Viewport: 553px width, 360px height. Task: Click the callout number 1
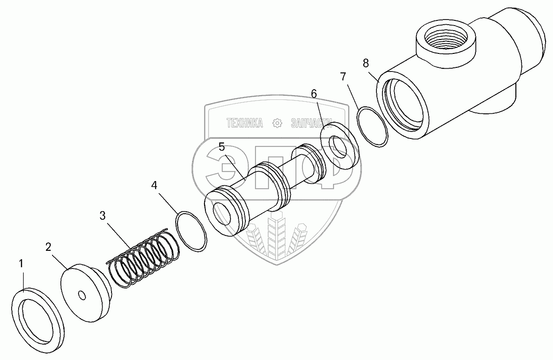pyautogui.click(x=20, y=264)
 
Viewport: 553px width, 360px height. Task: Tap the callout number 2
pyautogui.click(x=48, y=247)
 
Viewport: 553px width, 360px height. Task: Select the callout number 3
pyautogui.click(x=103, y=216)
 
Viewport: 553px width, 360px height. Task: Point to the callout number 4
pyautogui.click(x=154, y=186)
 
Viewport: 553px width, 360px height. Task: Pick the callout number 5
pyautogui.click(x=222, y=147)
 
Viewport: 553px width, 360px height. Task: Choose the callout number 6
pyautogui.click(x=314, y=94)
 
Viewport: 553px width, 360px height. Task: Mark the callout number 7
pyautogui.click(x=343, y=76)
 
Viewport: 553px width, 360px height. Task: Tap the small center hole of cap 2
pyautogui.click(x=82, y=295)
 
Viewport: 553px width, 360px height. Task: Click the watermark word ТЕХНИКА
pyautogui.click(x=244, y=123)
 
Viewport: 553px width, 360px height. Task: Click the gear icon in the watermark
pyautogui.click(x=277, y=123)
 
